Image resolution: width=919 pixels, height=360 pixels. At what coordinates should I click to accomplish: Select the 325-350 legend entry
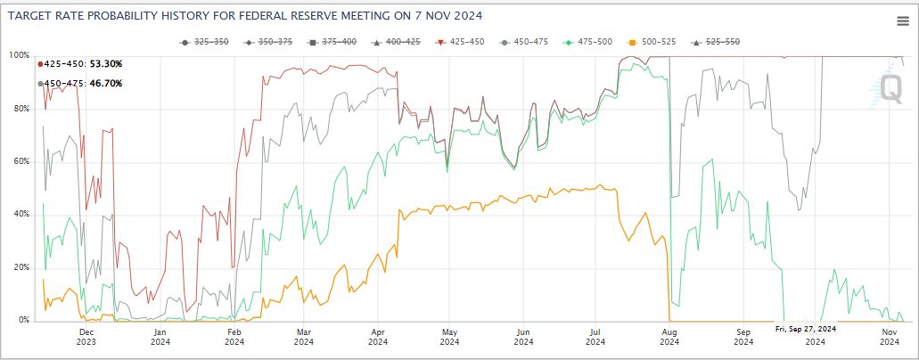pyautogui.click(x=205, y=42)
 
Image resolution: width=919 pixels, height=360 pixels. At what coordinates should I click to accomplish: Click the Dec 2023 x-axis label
pyautogui.click(x=86, y=336)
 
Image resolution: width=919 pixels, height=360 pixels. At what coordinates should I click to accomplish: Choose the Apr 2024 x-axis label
pyautogui.click(x=377, y=336)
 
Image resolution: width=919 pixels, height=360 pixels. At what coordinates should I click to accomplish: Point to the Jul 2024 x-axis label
pyautogui.click(x=597, y=336)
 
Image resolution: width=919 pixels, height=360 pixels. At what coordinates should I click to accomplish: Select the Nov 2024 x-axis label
pyautogui.click(x=889, y=336)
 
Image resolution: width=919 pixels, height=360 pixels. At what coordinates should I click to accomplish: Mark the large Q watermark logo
pyautogui.click(x=890, y=87)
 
